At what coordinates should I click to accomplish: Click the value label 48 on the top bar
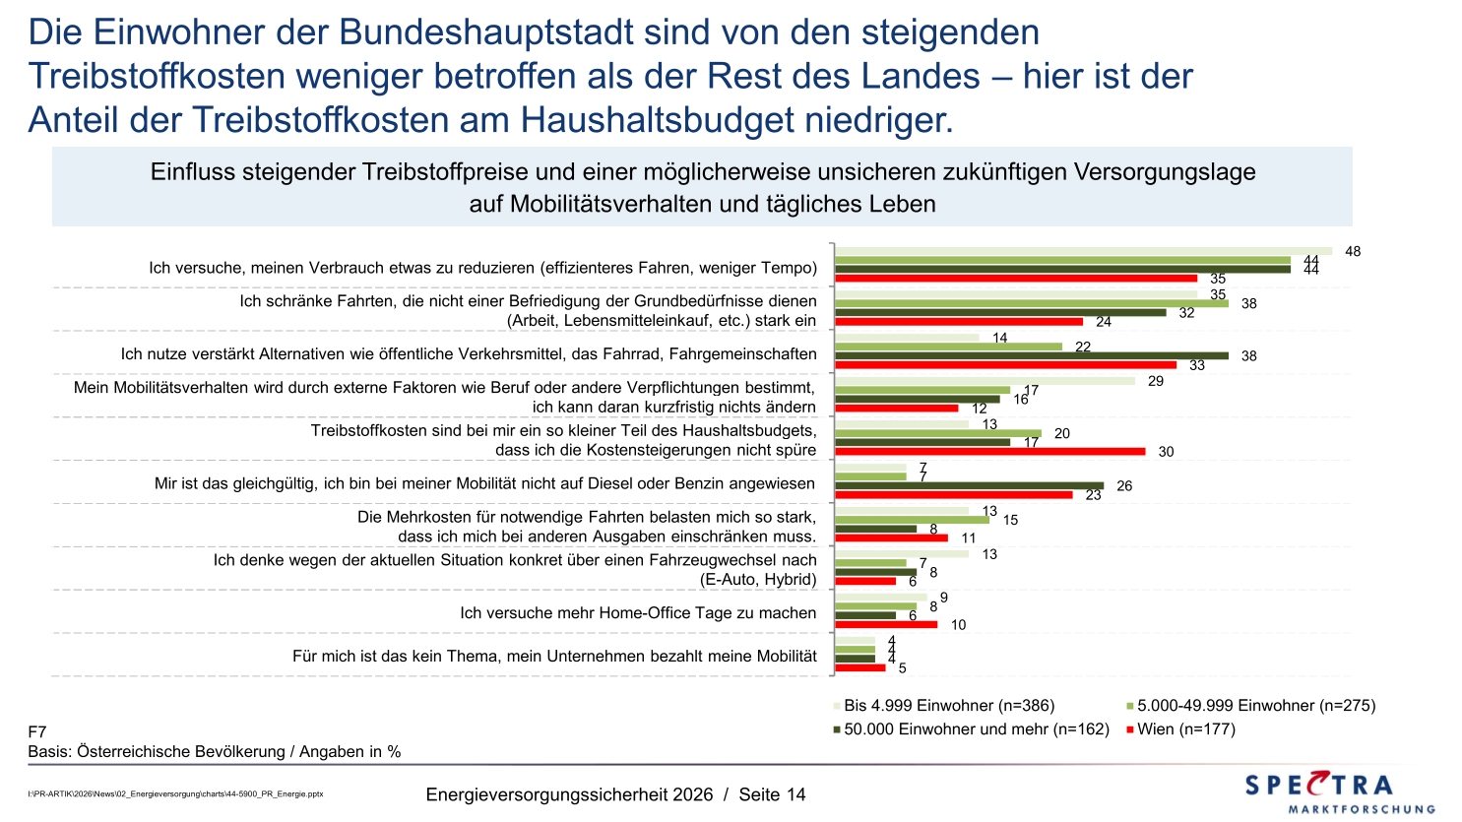click(1353, 252)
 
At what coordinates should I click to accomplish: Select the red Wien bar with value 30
click(989, 452)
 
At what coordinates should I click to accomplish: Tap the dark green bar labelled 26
click(969, 485)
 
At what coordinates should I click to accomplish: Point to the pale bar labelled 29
click(985, 381)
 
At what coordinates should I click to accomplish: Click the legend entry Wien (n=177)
click(1185, 729)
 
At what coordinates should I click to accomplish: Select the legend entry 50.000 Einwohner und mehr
click(976, 729)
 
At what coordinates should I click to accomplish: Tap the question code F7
click(37, 732)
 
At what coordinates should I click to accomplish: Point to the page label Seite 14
click(772, 794)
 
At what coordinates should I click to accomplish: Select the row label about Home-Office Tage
click(638, 613)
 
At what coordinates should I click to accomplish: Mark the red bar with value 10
click(886, 624)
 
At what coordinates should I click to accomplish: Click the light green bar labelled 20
click(937, 433)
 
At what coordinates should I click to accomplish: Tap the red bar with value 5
click(859, 667)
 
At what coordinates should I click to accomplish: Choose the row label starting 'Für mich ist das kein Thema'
click(554, 657)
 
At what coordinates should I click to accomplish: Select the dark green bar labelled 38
click(1031, 355)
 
